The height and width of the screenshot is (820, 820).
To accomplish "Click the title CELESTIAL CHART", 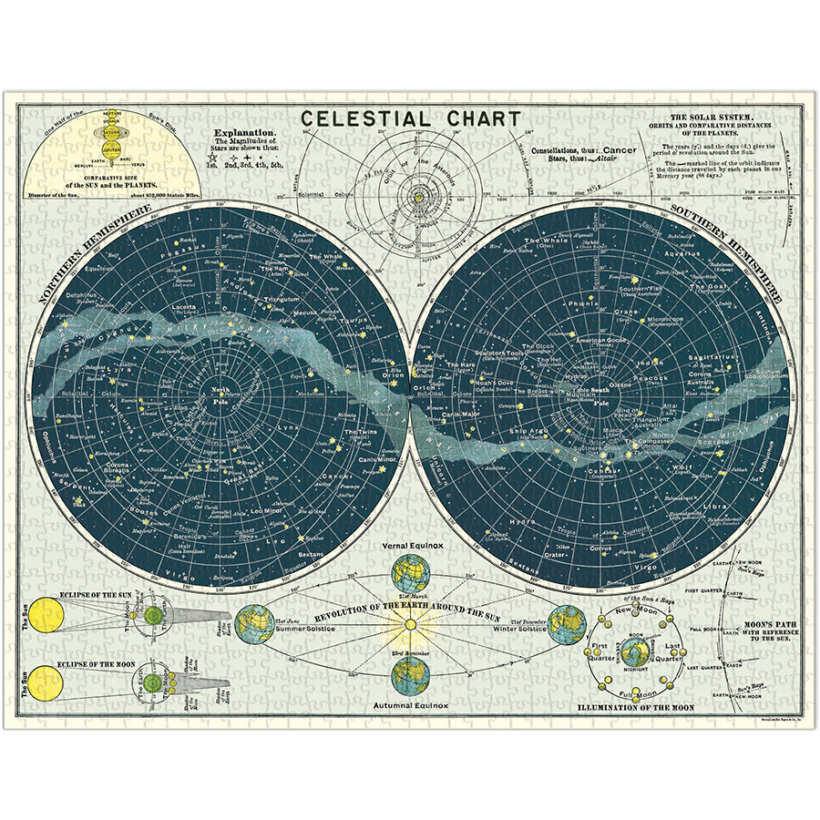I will [411, 118].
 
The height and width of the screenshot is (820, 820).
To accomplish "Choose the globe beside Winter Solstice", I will [567, 624].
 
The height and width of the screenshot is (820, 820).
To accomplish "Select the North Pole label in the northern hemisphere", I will [220, 395].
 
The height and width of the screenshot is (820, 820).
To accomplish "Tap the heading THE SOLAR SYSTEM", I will [711, 118].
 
